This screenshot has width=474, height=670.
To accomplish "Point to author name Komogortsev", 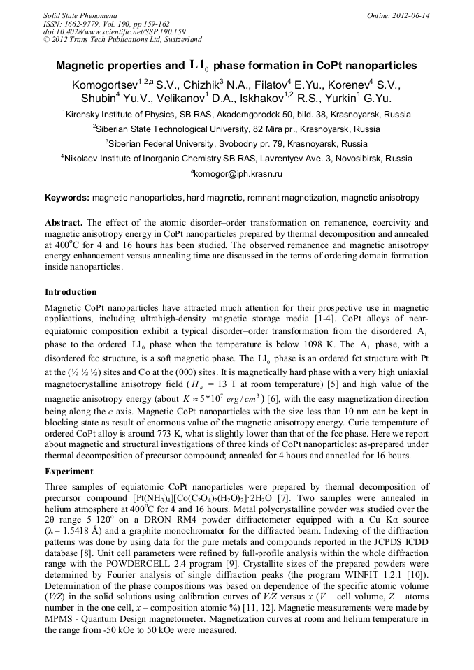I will click(x=105, y=85).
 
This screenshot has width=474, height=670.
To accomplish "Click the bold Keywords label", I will click(x=66, y=198).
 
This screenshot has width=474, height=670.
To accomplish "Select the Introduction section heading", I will click(x=71, y=291).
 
